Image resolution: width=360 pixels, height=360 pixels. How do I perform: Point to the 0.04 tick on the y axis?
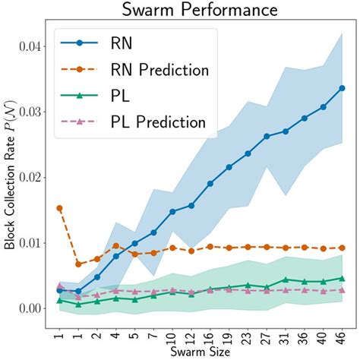[x=36, y=47]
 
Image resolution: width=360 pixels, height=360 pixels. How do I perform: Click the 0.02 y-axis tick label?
[x=36, y=178]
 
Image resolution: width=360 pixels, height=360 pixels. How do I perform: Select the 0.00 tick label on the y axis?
[x=36, y=308]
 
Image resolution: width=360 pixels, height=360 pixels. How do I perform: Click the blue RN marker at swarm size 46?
[x=342, y=88]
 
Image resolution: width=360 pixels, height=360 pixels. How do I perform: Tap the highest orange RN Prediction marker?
[x=60, y=208]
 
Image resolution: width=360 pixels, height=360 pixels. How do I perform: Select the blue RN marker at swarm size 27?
[x=267, y=137]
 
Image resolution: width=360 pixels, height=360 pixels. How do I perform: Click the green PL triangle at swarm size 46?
[x=342, y=278]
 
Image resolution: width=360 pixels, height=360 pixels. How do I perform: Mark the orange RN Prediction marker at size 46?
[x=342, y=248]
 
